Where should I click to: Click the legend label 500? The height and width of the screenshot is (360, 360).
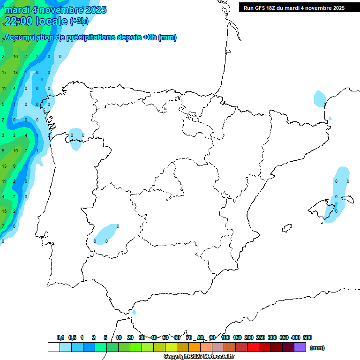pos(307,337)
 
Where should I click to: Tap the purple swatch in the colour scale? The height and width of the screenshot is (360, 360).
pos(300,347)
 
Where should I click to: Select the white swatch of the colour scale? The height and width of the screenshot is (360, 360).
pos(54,347)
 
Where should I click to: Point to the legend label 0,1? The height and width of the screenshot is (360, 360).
pos(60,337)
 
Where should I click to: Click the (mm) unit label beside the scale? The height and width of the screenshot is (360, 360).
pos(317,348)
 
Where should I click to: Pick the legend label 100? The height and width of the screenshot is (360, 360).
pos(225,337)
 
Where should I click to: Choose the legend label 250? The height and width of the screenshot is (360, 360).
pos(261,337)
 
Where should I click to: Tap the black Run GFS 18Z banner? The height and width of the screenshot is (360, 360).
pos(293,7)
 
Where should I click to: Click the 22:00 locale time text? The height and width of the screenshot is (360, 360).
pos(36,21)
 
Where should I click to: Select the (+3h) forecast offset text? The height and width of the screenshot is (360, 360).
pos(79,21)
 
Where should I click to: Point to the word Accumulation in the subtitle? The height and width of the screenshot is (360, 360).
pos(30,37)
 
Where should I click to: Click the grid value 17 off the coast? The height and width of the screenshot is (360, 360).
pos(4,73)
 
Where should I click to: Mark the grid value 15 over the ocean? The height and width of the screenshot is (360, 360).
pos(4,211)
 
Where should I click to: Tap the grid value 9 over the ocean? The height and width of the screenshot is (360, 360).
pos(14,166)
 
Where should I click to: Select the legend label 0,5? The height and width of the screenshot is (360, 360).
pos(72,337)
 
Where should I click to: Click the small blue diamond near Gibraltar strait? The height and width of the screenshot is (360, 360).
pos(134,312)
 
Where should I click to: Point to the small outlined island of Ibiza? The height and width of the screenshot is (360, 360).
pos(287,228)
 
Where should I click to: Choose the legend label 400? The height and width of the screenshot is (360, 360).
pos(296,337)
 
